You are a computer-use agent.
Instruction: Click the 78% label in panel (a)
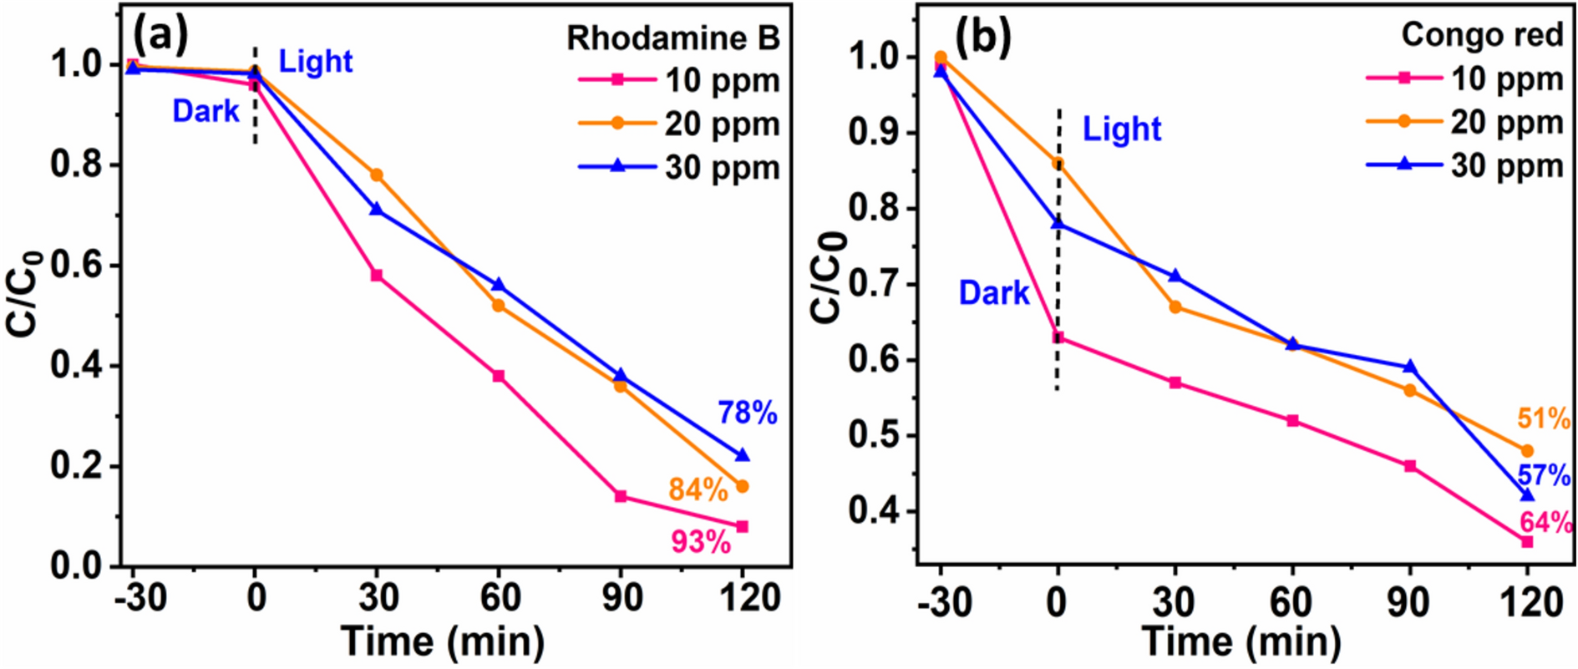click(x=747, y=413)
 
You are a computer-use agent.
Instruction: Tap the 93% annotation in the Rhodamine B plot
click(x=701, y=542)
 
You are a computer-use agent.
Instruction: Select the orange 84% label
click(x=698, y=490)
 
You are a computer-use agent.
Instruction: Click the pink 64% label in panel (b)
click(x=1545, y=523)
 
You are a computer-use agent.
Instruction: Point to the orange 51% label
click(x=1544, y=418)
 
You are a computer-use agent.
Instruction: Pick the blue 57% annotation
click(x=1544, y=476)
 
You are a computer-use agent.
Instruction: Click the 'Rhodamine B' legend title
click(x=673, y=38)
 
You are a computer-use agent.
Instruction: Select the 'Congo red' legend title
click(x=1481, y=35)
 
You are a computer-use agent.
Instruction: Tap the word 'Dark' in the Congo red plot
click(x=994, y=293)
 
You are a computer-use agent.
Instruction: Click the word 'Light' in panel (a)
click(x=315, y=62)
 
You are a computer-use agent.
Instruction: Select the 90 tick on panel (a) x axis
click(x=620, y=598)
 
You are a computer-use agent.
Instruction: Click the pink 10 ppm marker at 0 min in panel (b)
click(x=1058, y=338)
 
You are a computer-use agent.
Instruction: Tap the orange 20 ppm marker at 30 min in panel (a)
click(x=377, y=175)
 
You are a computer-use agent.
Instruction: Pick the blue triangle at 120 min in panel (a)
click(x=742, y=455)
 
